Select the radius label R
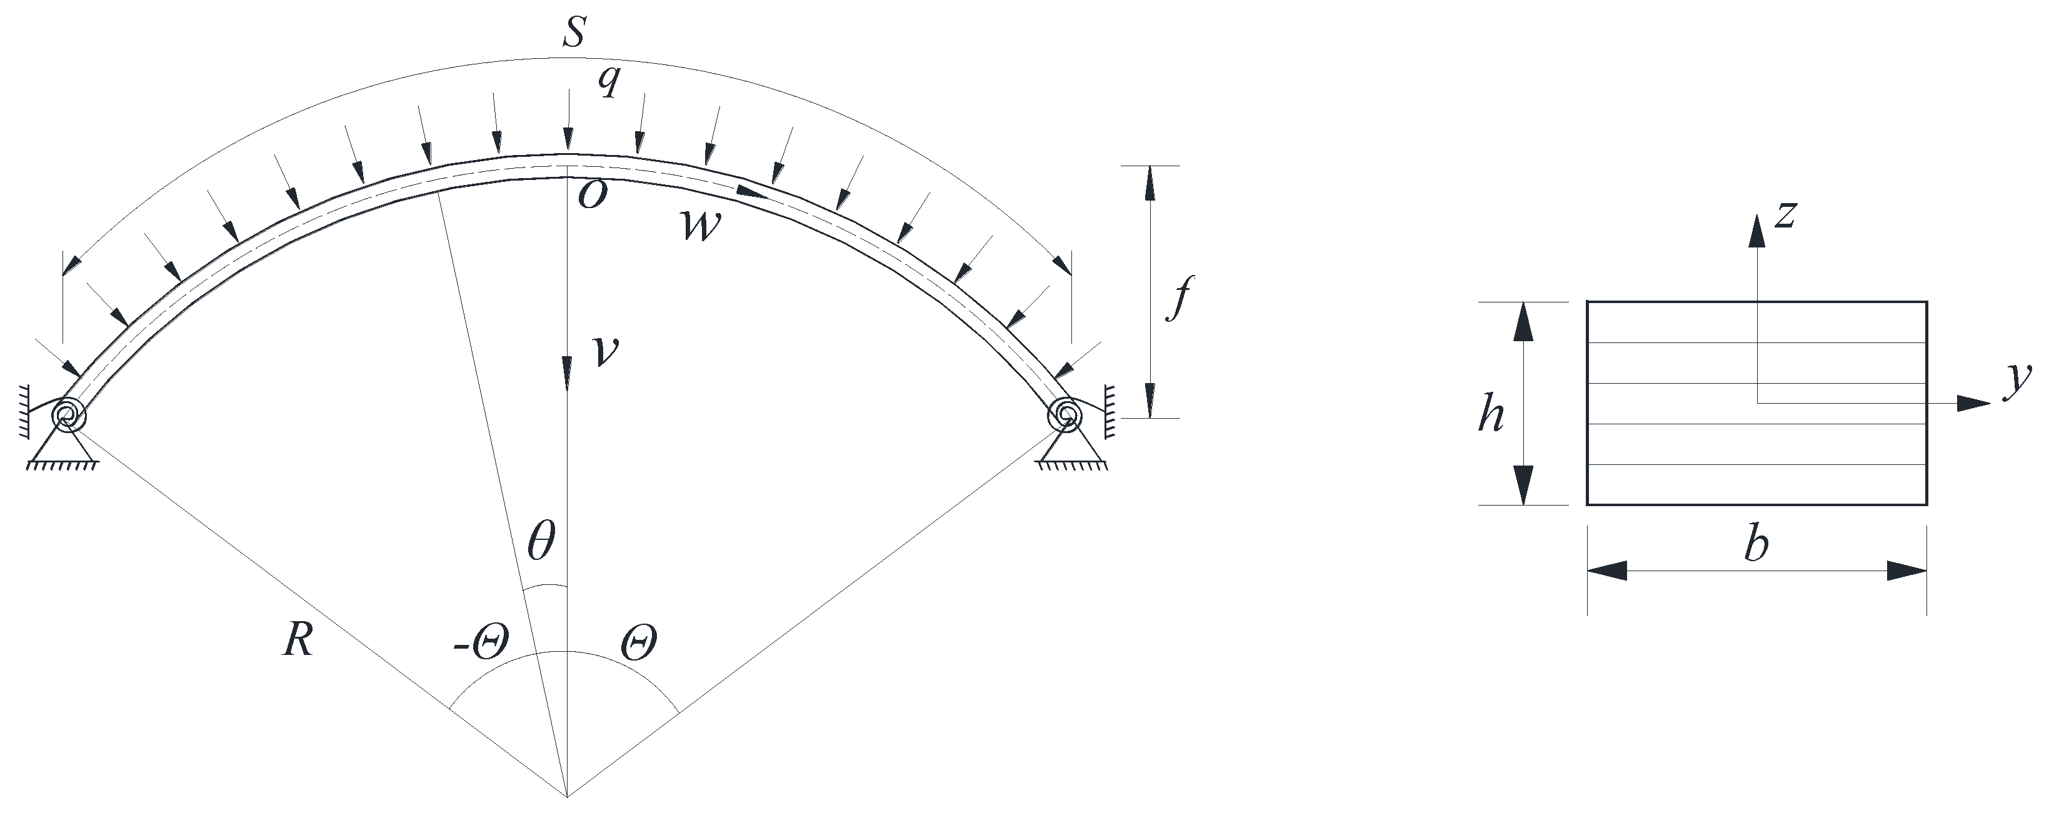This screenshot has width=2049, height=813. pos(298,639)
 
